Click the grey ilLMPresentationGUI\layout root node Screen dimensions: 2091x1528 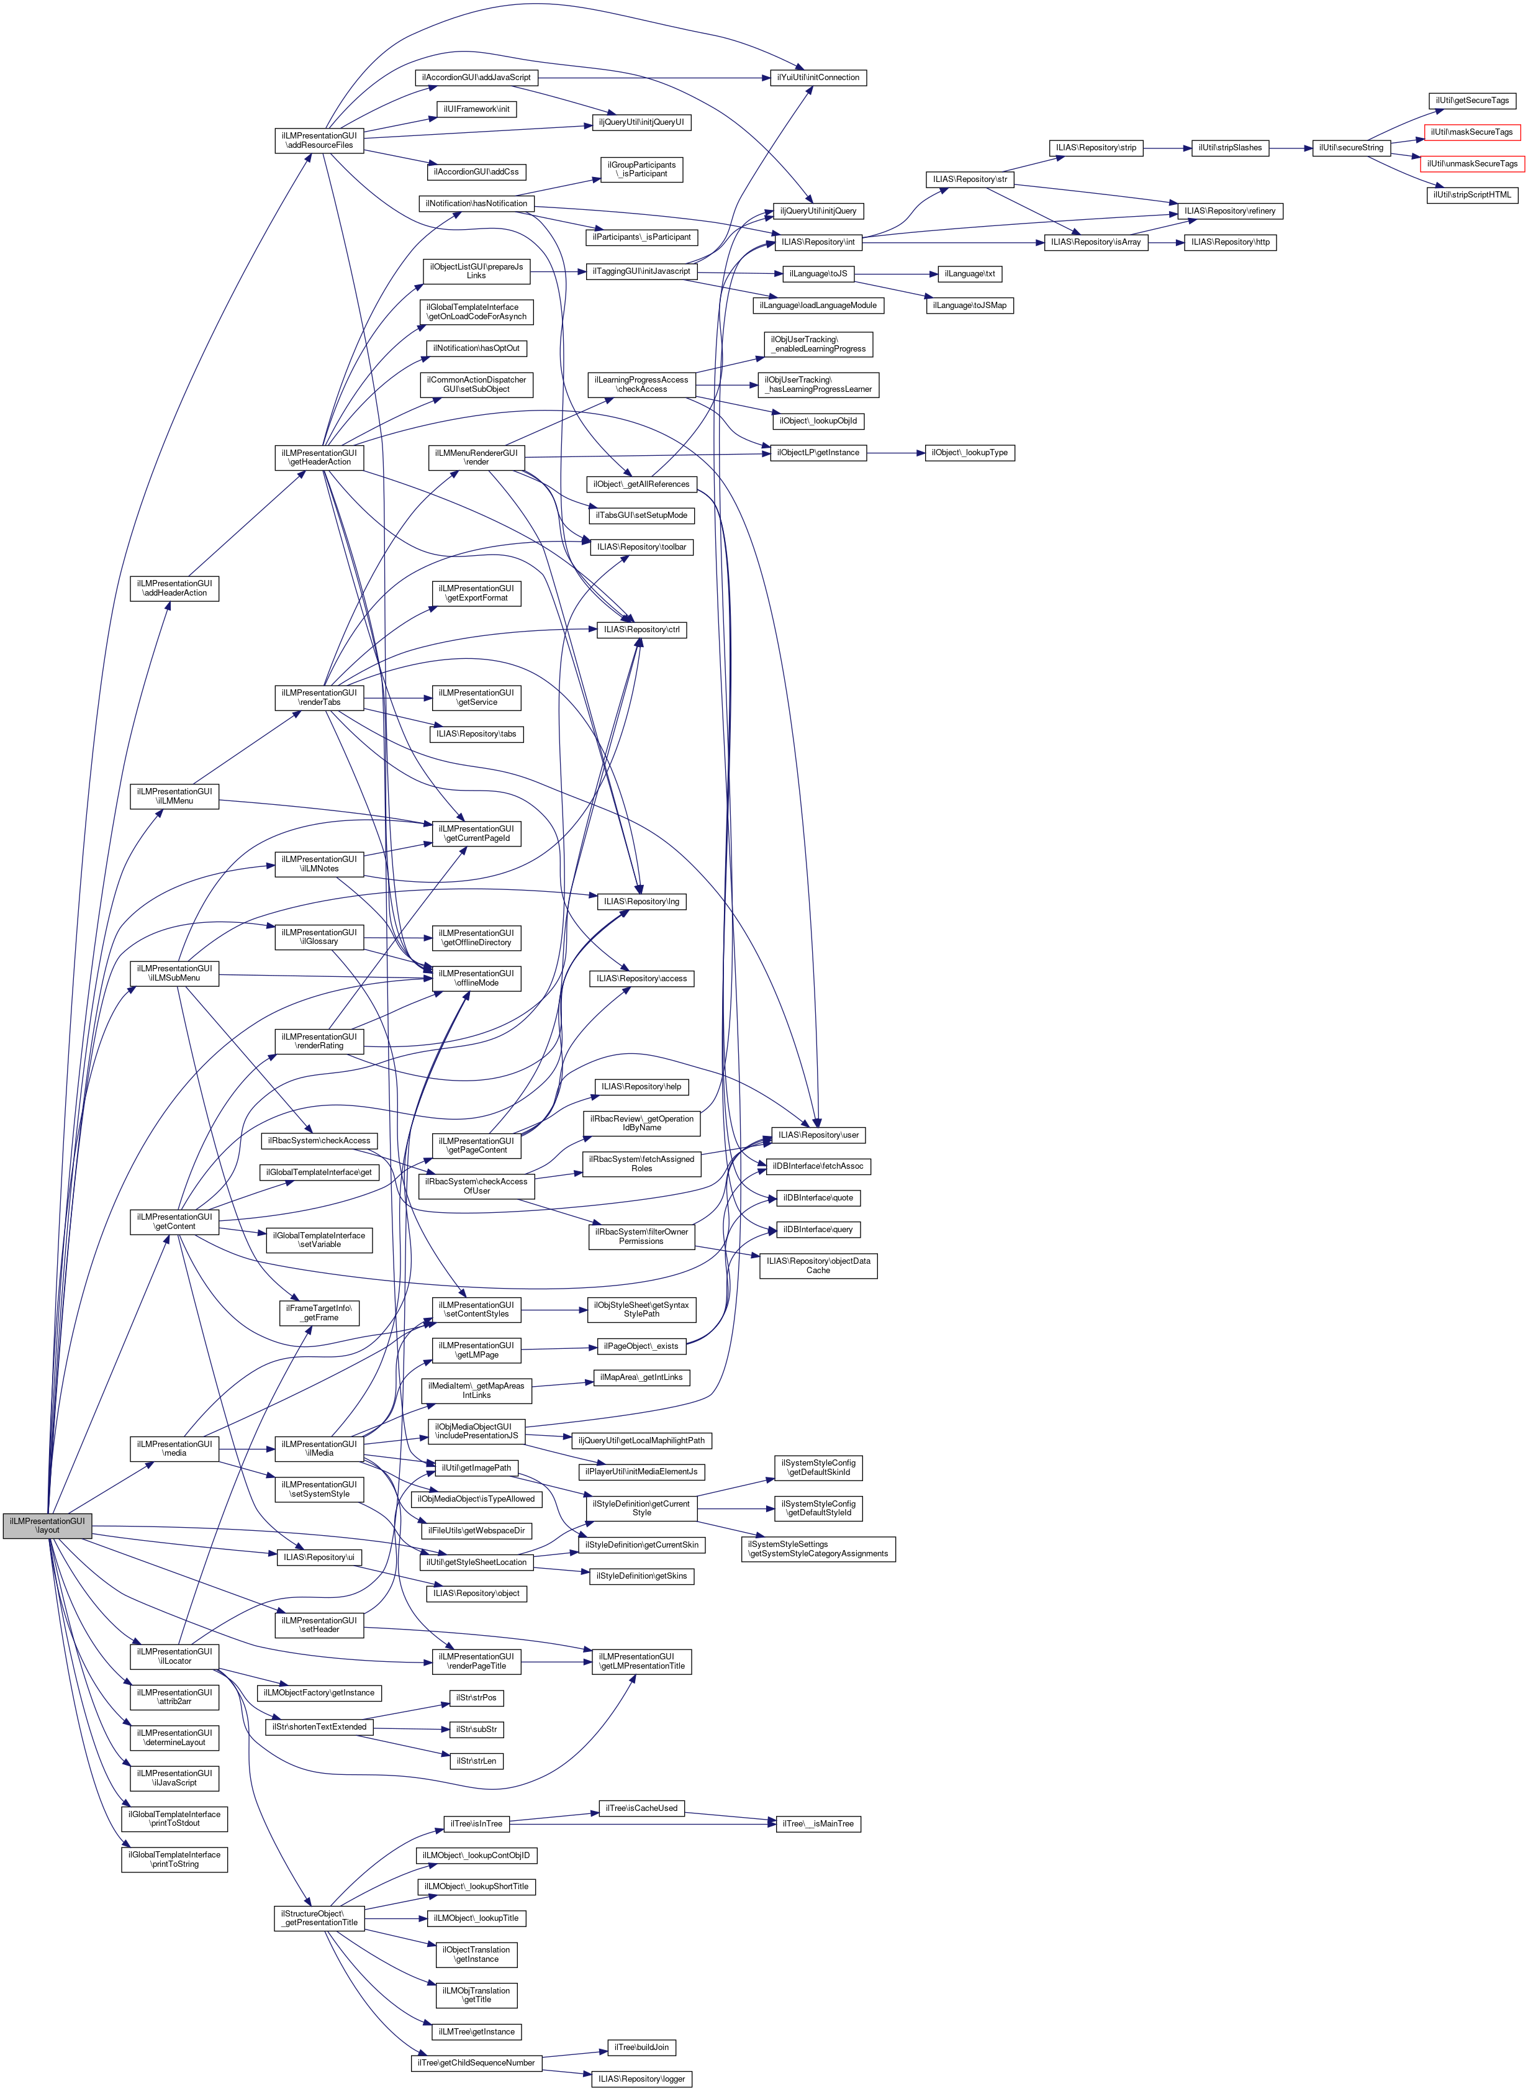click(47, 1526)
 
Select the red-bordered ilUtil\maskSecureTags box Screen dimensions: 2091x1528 click(1471, 132)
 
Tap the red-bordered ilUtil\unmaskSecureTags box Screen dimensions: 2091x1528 click(1471, 164)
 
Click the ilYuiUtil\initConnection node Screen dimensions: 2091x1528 click(818, 78)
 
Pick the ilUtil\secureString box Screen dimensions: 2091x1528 click(1350, 148)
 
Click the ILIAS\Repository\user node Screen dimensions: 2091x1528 click(818, 1135)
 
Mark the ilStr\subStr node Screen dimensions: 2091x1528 click(476, 1729)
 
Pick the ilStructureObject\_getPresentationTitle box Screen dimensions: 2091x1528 click(320, 1918)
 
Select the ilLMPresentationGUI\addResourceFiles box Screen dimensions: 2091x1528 click(319, 140)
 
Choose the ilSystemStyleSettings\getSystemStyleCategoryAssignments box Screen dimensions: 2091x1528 click(818, 1549)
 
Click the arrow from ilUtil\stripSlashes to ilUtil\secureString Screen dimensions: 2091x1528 click(1290, 148)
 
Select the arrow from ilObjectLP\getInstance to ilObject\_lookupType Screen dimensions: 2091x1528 click(895, 453)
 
